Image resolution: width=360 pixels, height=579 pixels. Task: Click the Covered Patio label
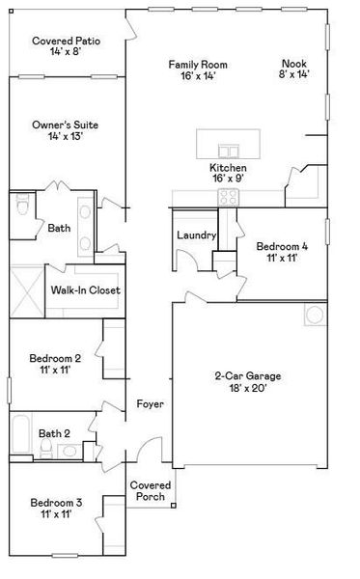(x=66, y=41)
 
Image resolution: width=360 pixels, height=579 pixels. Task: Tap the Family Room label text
(x=191, y=65)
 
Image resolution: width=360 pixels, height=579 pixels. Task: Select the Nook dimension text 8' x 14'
(x=295, y=74)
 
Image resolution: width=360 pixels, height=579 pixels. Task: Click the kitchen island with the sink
(x=230, y=145)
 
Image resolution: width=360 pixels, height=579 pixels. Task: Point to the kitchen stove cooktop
(x=228, y=198)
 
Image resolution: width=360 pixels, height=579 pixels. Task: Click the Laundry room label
(x=195, y=235)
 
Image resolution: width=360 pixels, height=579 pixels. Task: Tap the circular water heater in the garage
(x=314, y=315)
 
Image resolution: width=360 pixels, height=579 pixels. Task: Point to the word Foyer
(x=150, y=404)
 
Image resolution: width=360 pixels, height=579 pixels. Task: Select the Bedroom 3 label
(x=56, y=503)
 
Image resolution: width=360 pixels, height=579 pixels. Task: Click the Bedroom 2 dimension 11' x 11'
(x=55, y=370)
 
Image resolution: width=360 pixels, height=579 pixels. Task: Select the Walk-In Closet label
(x=86, y=289)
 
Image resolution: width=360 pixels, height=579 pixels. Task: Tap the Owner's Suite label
(x=66, y=125)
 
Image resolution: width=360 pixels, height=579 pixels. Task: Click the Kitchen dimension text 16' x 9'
(x=228, y=179)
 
